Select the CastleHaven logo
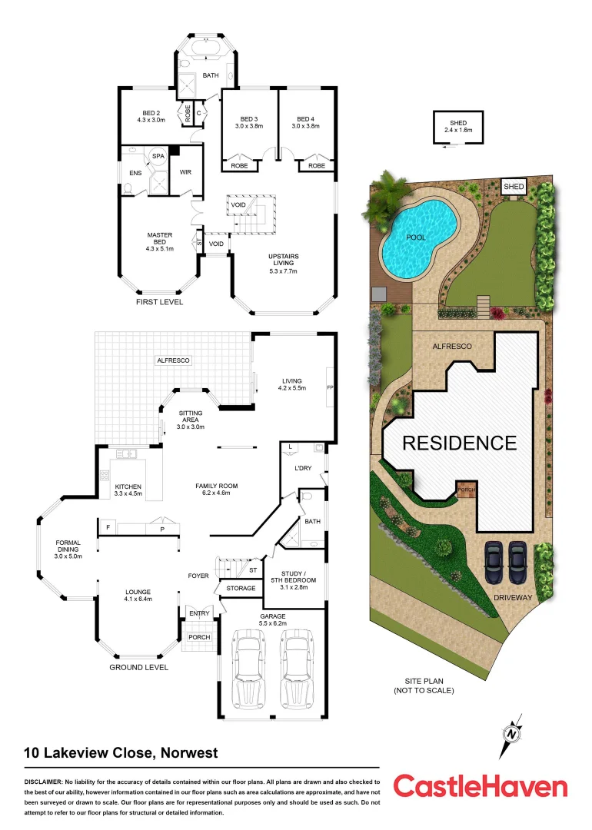pos(481,786)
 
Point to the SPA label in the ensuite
pos(158,156)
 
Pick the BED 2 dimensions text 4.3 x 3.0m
pos(150,120)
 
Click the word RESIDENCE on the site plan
pos(460,443)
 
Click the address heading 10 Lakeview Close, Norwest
pos(121,753)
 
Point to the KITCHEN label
pos(129,486)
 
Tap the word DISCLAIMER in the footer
pos(48,782)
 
